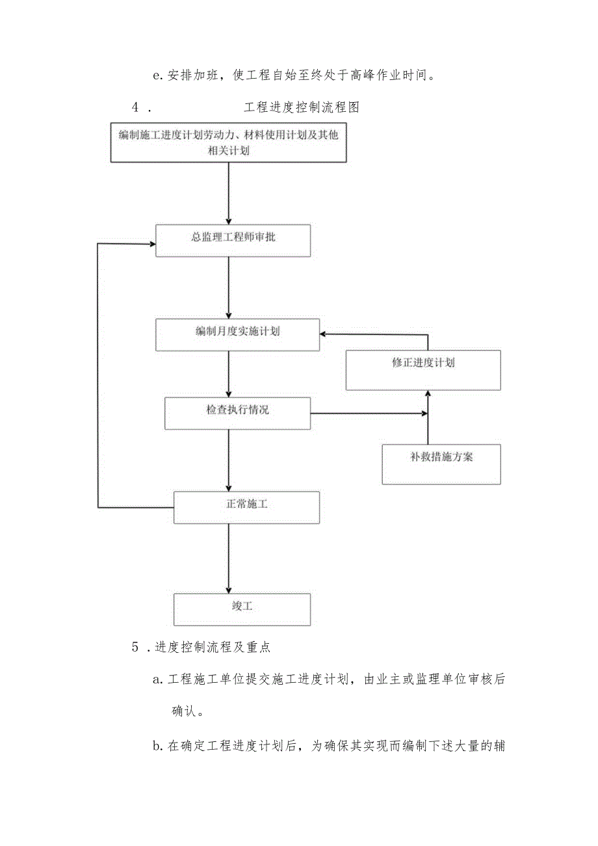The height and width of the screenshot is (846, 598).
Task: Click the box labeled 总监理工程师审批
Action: [233, 240]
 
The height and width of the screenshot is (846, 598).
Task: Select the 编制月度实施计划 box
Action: [237, 334]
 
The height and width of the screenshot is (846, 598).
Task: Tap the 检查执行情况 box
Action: [237, 413]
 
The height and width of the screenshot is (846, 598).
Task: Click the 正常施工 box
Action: [246, 507]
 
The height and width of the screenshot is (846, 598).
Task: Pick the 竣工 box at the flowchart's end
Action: [242, 609]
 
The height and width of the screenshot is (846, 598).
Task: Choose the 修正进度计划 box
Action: [422, 369]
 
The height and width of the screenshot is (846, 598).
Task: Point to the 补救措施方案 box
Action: [441, 464]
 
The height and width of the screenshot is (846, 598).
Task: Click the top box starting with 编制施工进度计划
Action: [228, 142]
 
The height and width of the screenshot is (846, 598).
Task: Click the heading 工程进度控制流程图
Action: [302, 108]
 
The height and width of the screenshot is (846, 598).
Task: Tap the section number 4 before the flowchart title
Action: [135, 108]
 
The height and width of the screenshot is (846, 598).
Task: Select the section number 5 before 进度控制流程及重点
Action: [135, 647]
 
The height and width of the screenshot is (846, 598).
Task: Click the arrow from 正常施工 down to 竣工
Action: [228, 559]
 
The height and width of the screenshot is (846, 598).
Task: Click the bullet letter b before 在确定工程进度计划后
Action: [156, 747]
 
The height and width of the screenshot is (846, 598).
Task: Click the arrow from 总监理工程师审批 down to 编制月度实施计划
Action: [228, 286]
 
